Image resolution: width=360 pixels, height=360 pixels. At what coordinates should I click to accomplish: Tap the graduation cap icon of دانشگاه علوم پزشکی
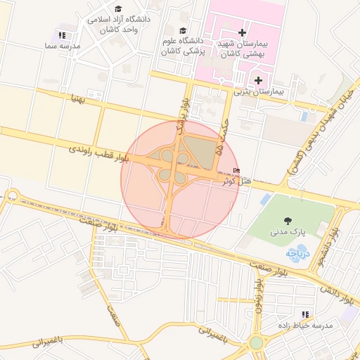184,31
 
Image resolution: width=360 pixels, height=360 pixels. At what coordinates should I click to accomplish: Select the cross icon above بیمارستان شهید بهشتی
243,32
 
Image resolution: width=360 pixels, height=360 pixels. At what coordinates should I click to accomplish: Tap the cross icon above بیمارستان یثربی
259,80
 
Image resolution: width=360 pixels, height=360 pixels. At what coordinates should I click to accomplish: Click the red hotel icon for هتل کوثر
236,171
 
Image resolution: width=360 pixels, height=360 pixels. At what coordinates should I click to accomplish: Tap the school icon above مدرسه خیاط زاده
305,314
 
